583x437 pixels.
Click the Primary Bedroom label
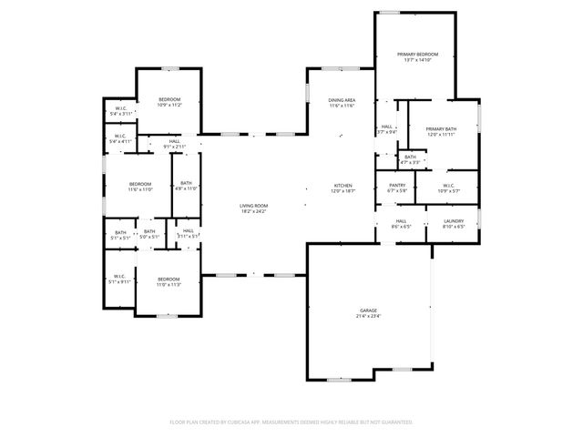pyautogui.click(x=418, y=55)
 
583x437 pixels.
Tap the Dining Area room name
pyautogui.click(x=342, y=100)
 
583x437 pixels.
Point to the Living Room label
pyautogui.click(x=253, y=206)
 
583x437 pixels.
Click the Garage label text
pyautogui.click(x=367, y=311)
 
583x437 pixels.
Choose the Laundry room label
pyautogui.click(x=454, y=220)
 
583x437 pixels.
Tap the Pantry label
pyautogui.click(x=397, y=185)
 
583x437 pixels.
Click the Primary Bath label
pyautogui.click(x=441, y=129)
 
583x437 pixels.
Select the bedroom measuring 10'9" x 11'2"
pyautogui.click(x=169, y=99)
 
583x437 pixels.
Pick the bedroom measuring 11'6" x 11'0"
pyautogui.click(x=139, y=183)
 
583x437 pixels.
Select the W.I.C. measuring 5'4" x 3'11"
pyautogui.click(x=121, y=110)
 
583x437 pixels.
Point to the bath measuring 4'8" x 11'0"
pyautogui.click(x=185, y=183)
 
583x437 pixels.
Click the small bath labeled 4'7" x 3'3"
pyautogui.click(x=410, y=157)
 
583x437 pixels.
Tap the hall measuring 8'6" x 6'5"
pyautogui.click(x=401, y=220)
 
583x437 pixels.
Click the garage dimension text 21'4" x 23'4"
pyautogui.click(x=367, y=317)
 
